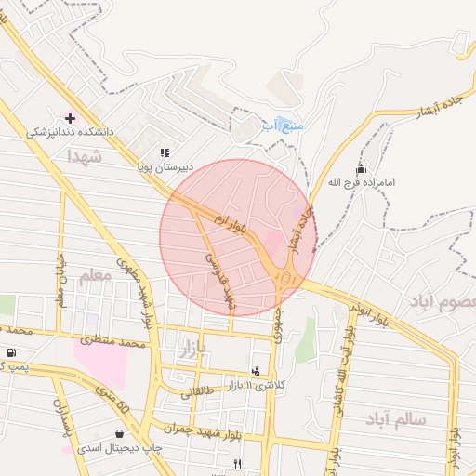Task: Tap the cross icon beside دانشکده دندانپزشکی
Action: coord(70,118)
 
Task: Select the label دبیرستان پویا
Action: coord(164,167)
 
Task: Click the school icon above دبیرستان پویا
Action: coord(165,152)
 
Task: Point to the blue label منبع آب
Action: coord(283,124)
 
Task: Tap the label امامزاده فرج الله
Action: coord(361,183)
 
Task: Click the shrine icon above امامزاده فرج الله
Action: coord(361,168)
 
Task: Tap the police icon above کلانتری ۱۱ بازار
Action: coord(257,371)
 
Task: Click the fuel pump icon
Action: coord(10,351)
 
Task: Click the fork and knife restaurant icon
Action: coord(238,463)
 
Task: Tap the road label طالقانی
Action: coord(203,391)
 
